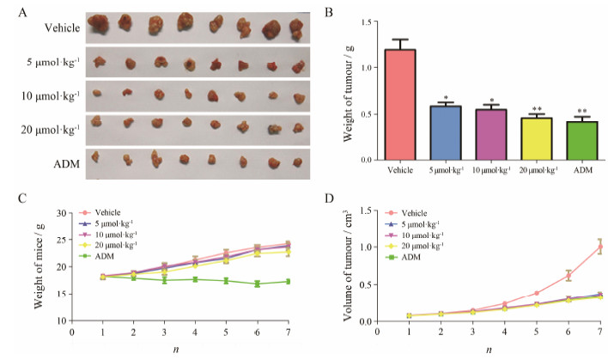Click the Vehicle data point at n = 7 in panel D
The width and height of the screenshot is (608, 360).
coord(600,247)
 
